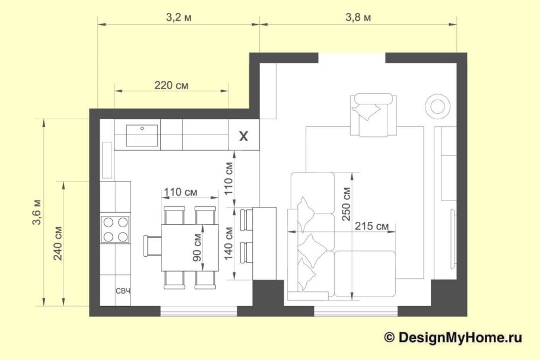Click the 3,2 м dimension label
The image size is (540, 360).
click(x=179, y=17)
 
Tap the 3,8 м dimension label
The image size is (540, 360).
click(x=358, y=17)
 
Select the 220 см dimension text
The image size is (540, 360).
click(x=171, y=85)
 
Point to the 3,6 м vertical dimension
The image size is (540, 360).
click(x=37, y=212)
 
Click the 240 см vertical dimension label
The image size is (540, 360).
click(x=58, y=243)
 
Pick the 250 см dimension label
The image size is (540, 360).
click(x=346, y=204)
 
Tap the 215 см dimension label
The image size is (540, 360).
click(x=371, y=226)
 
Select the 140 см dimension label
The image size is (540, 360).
click(x=228, y=244)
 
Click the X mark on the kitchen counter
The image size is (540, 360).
click(x=243, y=136)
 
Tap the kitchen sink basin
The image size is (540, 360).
click(x=142, y=135)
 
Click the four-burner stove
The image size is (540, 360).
click(x=115, y=228)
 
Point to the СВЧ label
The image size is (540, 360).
click(x=123, y=291)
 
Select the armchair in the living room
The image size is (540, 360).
click(x=373, y=115)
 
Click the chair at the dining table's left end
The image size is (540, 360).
click(x=153, y=246)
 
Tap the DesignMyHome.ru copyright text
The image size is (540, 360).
click(x=453, y=337)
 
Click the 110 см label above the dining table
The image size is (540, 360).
click(x=180, y=192)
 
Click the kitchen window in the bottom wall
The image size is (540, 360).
click(x=199, y=311)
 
